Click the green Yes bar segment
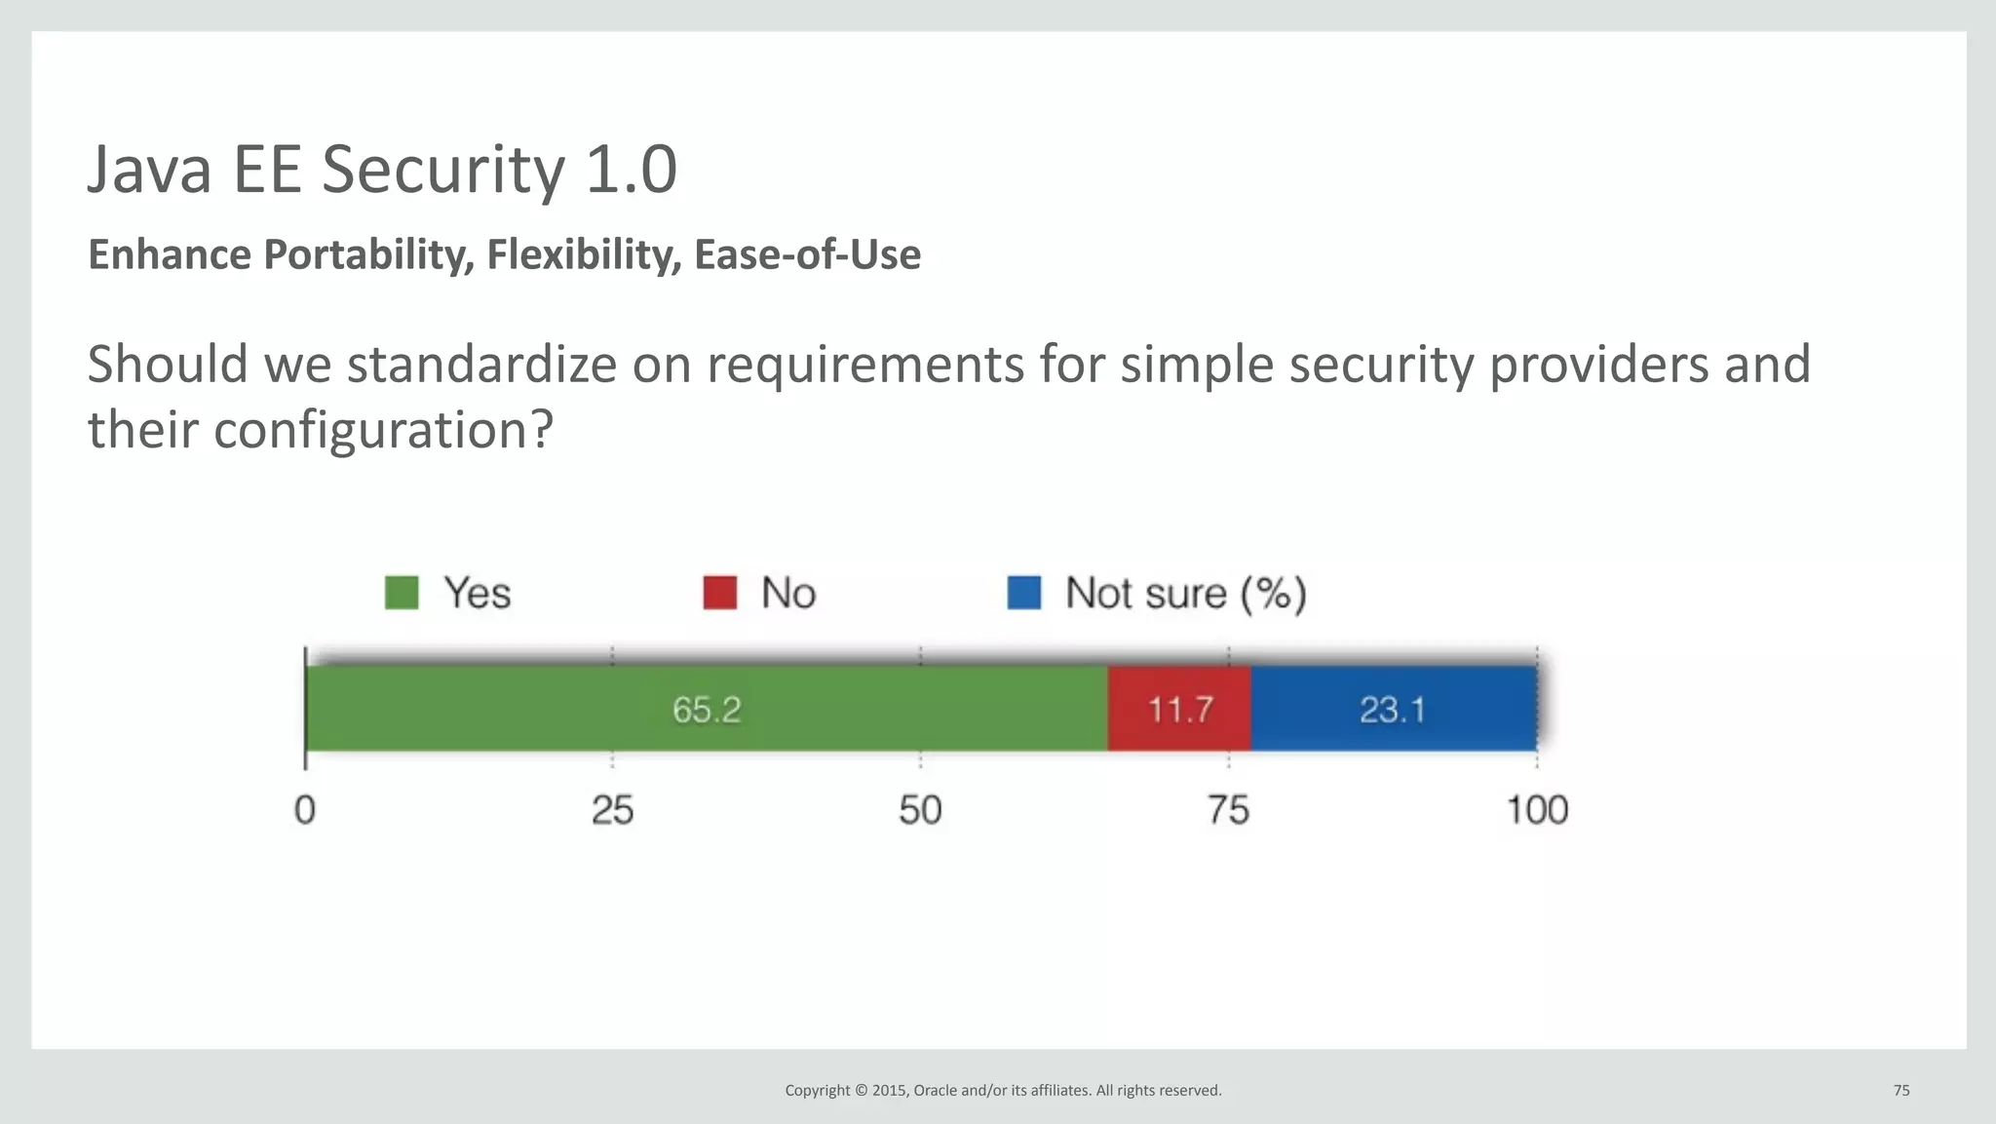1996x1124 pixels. tap(487, 709)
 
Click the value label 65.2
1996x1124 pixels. tap(707, 710)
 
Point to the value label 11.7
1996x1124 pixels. tap(1180, 710)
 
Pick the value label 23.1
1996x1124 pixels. tap(1393, 710)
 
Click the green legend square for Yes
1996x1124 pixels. tap(402, 593)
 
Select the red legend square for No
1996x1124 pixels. tap(719, 593)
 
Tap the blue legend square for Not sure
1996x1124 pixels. tap(1023, 593)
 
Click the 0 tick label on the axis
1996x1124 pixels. tap(305, 810)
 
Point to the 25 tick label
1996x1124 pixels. tap(612, 810)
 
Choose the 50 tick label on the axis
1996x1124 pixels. tap(920, 810)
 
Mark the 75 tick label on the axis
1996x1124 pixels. tap(1228, 810)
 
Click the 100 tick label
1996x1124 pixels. tap(1537, 810)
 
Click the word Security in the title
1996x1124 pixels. tap(442, 171)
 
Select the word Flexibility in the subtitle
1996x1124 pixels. tap(584, 254)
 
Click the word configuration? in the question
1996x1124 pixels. tap(383, 430)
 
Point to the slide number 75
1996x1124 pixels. tap(1901, 1090)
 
